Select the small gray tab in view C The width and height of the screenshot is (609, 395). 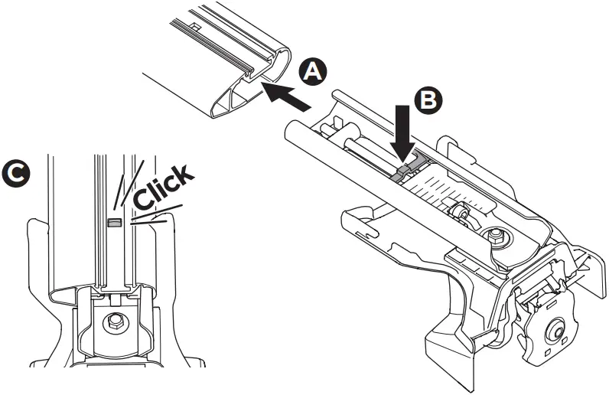coord(114,222)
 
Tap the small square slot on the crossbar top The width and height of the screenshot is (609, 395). coord(197,27)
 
